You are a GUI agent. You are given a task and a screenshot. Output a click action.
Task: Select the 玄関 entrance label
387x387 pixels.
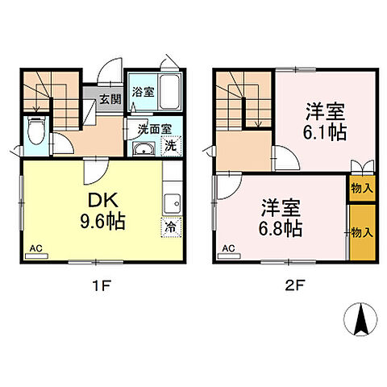[111, 99]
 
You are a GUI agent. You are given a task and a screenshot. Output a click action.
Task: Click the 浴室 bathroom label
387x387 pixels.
[142, 91]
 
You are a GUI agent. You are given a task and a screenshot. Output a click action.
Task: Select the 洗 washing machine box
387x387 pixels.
[171, 147]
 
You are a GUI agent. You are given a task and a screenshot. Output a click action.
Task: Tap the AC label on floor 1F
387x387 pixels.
[36, 248]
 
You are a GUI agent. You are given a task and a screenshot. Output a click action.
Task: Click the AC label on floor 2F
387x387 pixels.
[228, 248]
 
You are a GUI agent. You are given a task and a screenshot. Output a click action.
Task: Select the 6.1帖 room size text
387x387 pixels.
[326, 121]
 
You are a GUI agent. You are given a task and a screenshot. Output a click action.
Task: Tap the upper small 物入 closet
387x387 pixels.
[361, 189]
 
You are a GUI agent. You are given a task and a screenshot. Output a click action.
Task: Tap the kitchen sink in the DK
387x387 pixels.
[172, 202]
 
